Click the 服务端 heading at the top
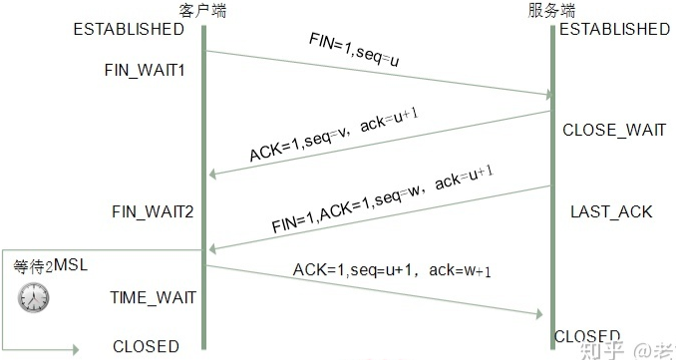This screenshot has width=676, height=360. [551, 10]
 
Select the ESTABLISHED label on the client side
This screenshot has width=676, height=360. [129, 29]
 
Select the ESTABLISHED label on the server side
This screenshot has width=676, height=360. [614, 30]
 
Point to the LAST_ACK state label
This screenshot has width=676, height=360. [611, 211]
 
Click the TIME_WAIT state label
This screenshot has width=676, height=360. [153, 297]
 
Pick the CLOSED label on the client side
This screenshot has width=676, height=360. [146, 347]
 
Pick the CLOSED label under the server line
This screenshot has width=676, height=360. [587, 336]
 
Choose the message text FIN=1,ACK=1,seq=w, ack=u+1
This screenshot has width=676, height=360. [383, 199]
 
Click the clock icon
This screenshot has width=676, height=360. [33, 296]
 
